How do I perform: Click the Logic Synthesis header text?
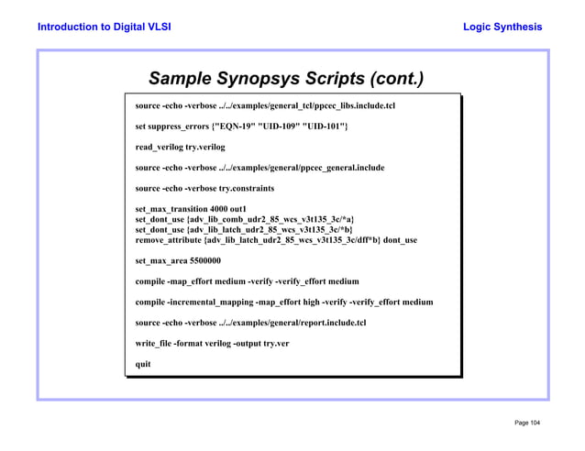click(x=503, y=27)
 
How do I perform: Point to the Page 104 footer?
click(x=527, y=422)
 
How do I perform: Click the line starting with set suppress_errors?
click(x=241, y=125)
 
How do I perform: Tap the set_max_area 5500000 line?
click(x=178, y=260)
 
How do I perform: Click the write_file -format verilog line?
click(x=212, y=343)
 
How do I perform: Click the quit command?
click(x=143, y=364)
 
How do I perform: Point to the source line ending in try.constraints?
click(x=204, y=188)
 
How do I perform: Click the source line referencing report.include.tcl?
click(x=250, y=323)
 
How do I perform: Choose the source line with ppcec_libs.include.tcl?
click(x=265, y=105)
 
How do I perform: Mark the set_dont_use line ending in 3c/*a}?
click(x=244, y=220)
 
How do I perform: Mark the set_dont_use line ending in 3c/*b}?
click(x=244, y=230)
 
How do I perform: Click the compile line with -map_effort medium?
click(x=247, y=281)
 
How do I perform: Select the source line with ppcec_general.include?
click(x=259, y=168)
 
